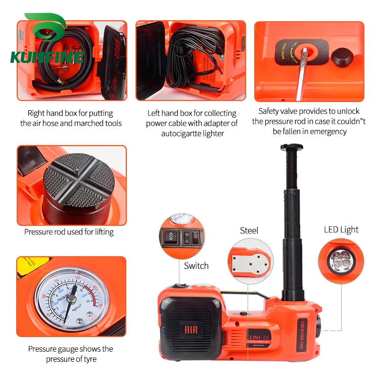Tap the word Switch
pos(196,266)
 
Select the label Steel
pos(249,230)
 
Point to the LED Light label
pos(341,229)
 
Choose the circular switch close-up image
pos(181,235)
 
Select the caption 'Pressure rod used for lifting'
pos(69,232)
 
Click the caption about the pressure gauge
pos(70,354)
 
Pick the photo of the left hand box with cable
pos(191,61)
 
